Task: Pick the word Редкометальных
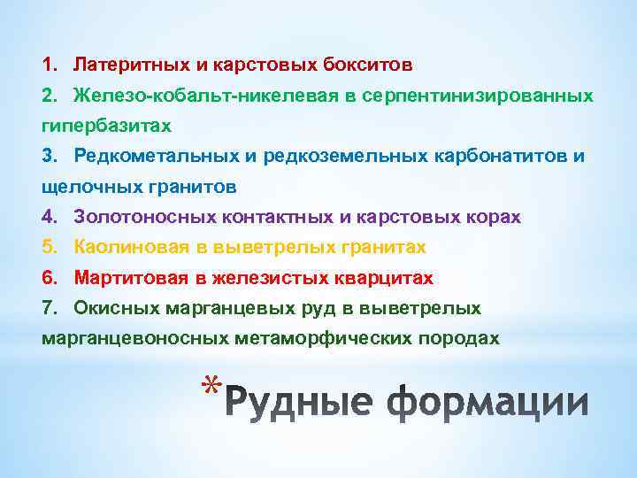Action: coord(151,156)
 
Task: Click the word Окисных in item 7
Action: coord(116,308)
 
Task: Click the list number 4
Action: coord(48,217)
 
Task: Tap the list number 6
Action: coord(48,278)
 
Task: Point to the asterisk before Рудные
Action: coord(210,388)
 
